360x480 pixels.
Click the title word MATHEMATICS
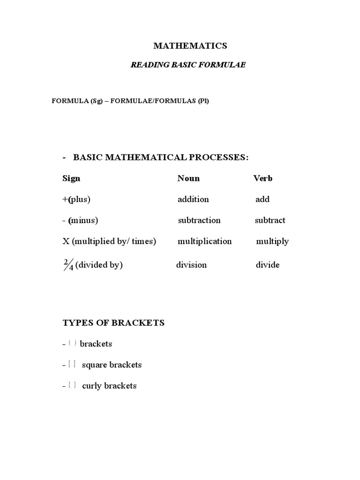pos(191,45)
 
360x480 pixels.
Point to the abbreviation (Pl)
pos(203,101)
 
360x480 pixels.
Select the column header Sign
pos(71,178)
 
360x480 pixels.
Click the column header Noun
pos(188,178)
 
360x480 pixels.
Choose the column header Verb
pos(263,178)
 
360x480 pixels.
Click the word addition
pos(193,199)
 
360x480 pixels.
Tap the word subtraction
pos(199,220)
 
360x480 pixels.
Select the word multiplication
pos(204,241)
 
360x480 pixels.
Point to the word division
pos(191,265)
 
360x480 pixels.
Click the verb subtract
pos(270,220)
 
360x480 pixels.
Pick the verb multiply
pos(272,241)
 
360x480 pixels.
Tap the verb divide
pos(268,265)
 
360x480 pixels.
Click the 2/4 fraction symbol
pos(68,265)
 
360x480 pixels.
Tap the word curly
pos(91,386)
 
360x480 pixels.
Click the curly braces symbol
pos(72,385)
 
